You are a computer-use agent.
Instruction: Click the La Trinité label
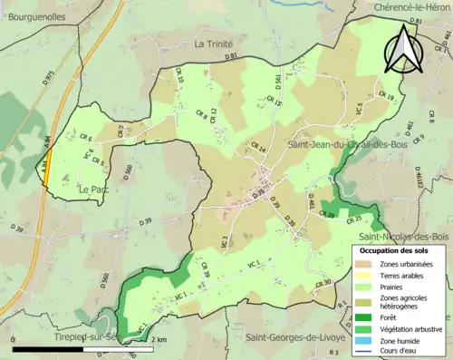click(x=214, y=44)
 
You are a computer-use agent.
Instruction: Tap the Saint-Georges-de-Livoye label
click(x=294, y=336)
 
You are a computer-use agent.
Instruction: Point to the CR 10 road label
click(x=179, y=83)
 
